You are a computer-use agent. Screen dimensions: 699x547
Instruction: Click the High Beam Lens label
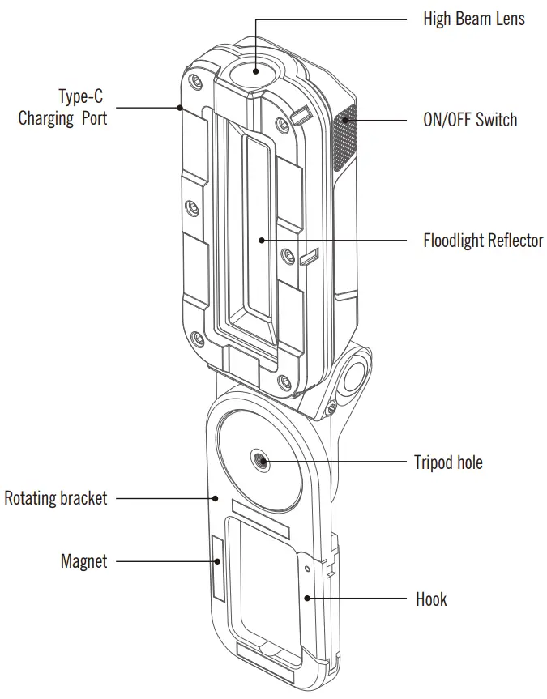pyautogui.click(x=473, y=19)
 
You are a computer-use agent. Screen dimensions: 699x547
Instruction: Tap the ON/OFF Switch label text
pyautogui.click(x=470, y=121)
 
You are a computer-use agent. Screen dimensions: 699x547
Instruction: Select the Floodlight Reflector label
pyautogui.click(x=483, y=241)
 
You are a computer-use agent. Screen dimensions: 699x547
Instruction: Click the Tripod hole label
pyautogui.click(x=448, y=462)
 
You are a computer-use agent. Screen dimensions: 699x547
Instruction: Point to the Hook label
pyautogui.click(x=431, y=599)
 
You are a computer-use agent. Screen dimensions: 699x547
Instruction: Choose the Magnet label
pyautogui.click(x=83, y=560)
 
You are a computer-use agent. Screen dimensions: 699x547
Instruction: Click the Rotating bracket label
pyautogui.click(x=56, y=498)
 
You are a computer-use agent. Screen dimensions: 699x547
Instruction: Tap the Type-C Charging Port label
pyautogui.click(x=63, y=108)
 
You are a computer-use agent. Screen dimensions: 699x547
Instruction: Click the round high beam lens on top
pyautogui.click(x=254, y=70)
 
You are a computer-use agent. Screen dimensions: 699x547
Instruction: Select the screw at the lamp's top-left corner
pyautogui.click(x=194, y=83)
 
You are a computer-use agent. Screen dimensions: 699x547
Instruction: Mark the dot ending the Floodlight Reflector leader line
pyautogui.click(x=261, y=241)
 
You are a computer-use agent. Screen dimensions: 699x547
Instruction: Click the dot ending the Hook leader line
pyautogui.click(x=309, y=599)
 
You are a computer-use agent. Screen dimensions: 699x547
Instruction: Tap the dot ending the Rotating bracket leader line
pyautogui.click(x=216, y=498)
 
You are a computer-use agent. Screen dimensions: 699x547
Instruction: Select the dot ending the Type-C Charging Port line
pyautogui.click(x=179, y=106)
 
